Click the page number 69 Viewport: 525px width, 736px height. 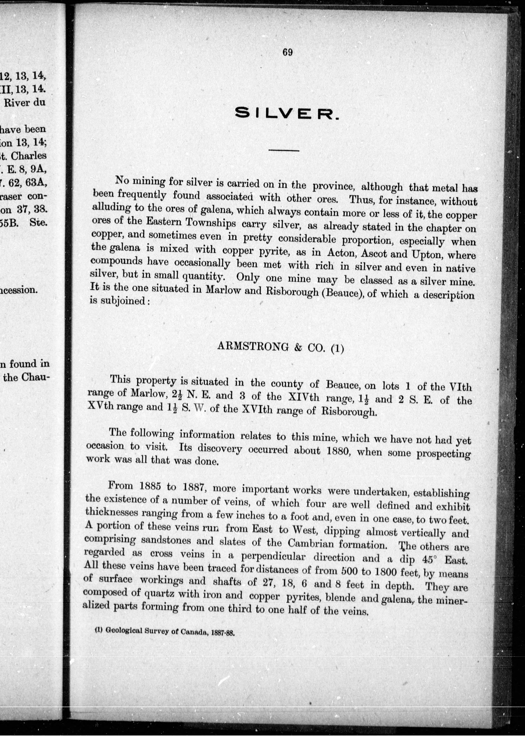(287, 52)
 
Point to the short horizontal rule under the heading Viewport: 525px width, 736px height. (284, 150)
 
